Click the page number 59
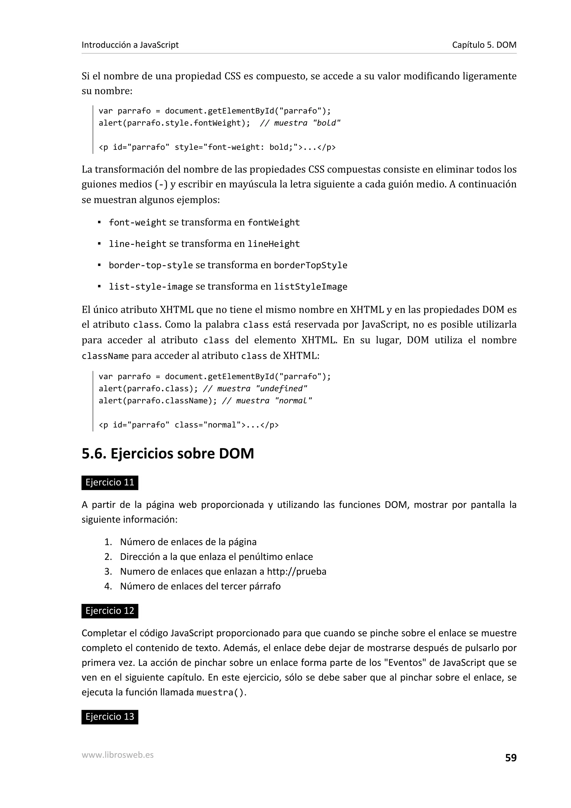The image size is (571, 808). point(510,768)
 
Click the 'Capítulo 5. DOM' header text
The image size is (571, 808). point(484,45)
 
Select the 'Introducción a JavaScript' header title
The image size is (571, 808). point(130,45)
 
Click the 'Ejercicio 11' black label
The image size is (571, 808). point(110,482)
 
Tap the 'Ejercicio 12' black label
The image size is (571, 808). point(110,611)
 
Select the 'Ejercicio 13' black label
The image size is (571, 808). point(110,717)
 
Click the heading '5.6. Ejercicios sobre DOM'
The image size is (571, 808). point(168,453)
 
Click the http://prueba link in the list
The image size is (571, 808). point(297,571)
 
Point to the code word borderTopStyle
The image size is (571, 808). point(310,265)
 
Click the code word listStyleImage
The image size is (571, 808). point(310,287)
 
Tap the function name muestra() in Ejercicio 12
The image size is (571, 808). point(220,693)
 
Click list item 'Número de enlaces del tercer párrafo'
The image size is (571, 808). point(200,586)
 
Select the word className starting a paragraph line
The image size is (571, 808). point(105,356)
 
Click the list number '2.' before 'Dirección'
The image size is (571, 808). point(108,557)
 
